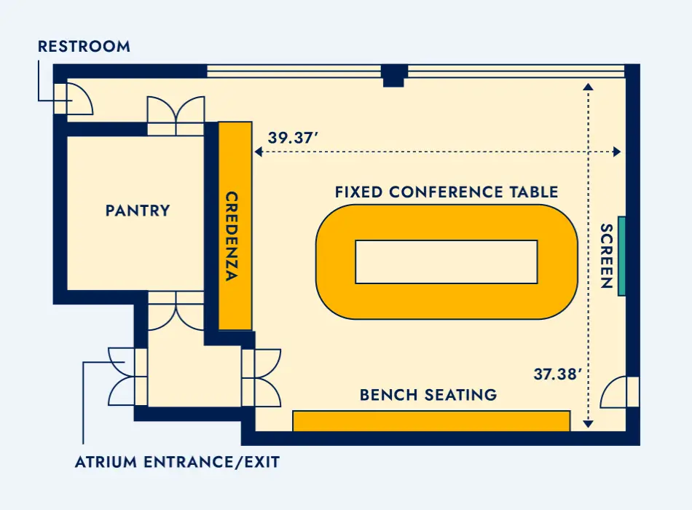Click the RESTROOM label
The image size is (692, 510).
click(x=84, y=47)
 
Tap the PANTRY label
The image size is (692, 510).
click(x=138, y=211)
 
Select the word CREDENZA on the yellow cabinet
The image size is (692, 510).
click(x=232, y=236)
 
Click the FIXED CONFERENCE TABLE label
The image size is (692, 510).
click(x=447, y=192)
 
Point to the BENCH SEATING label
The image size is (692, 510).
click(x=428, y=394)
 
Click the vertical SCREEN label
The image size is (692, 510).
click(x=607, y=256)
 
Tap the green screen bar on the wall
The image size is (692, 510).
click(x=621, y=256)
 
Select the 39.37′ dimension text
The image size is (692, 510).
click(x=293, y=137)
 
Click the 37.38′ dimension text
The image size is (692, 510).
click(x=557, y=374)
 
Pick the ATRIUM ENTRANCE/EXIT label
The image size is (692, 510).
click(x=178, y=462)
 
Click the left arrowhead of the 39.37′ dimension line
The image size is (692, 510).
click(x=259, y=152)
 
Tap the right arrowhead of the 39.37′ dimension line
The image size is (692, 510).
click(x=617, y=152)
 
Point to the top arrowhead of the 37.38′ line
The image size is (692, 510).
click(x=588, y=87)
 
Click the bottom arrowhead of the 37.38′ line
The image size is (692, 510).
click(x=588, y=424)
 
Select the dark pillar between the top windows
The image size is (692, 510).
click(x=393, y=75)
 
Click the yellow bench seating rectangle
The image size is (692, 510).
click(x=432, y=421)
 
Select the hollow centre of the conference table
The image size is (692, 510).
click(x=447, y=262)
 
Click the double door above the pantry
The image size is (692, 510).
click(x=176, y=116)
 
